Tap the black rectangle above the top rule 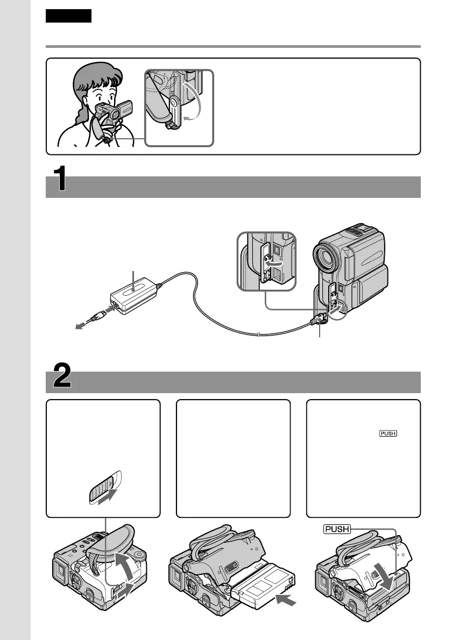pyautogui.click(x=68, y=16)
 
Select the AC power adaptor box pyautogui.click(x=135, y=296)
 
